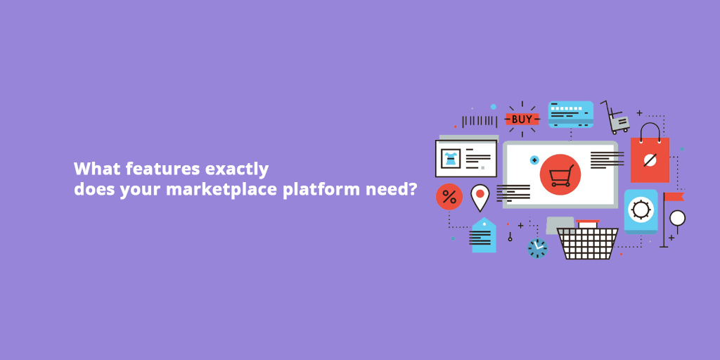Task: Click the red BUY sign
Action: tap(522, 120)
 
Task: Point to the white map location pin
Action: tap(480, 196)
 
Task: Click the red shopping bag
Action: tap(650, 158)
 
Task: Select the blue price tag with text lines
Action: tap(483, 236)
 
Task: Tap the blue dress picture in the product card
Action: tap(450, 158)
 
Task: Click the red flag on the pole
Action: tap(674, 196)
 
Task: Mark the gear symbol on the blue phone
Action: tap(641, 210)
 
